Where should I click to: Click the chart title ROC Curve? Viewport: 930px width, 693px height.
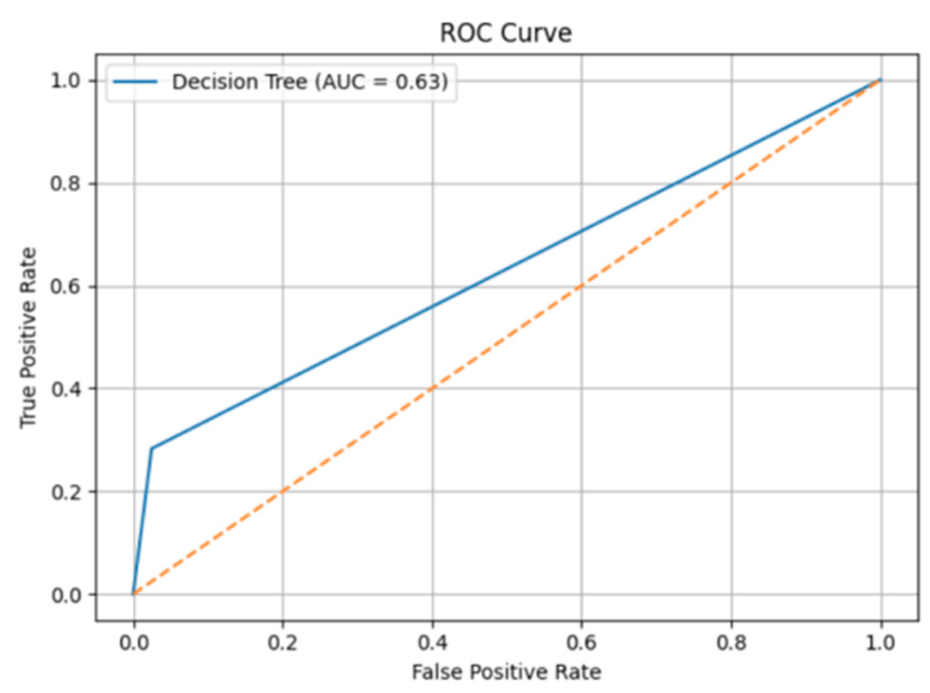pyautogui.click(x=505, y=32)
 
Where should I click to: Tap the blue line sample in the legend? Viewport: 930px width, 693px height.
pyautogui.click(x=135, y=82)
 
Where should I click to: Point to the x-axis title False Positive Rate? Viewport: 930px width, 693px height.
pyautogui.click(x=506, y=672)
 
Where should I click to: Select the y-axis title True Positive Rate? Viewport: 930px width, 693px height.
pyautogui.click(x=28, y=338)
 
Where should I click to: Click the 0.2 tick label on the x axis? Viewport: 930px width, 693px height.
pyautogui.click(x=283, y=642)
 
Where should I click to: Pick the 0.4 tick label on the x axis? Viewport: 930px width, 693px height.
pyautogui.click(x=432, y=642)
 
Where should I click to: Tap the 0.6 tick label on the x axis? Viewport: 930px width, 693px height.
pyautogui.click(x=582, y=642)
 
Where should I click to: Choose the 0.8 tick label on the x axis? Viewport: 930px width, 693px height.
pyautogui.click(x=732, y=642)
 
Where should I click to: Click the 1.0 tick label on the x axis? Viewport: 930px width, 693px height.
pyautogui.click(x=881, y=642)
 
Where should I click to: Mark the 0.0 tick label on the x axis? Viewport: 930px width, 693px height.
pyautogui.click(x=134, y=642)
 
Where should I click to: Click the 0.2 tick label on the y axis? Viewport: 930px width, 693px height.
pyautogui.click(x=65, y=492)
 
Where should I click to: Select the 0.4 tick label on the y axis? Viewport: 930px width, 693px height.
pyautogui.click(x=65, y=389)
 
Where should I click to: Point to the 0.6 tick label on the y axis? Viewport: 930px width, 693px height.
pyautogui.click(x=65, y=287)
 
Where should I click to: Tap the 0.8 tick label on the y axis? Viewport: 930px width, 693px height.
pyautogui.click(x=65, y=184)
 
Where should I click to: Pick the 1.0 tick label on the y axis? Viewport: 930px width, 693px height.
pyautogui.click(x=65, y=81)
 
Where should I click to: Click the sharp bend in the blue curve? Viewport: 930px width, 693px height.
pyautogui.click(x=152, y=449)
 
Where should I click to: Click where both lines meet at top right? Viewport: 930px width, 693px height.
pyautogui.click(x=881, y=80)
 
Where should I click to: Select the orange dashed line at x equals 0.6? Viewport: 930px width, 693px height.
pyautogui.click(x=582, y=286)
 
